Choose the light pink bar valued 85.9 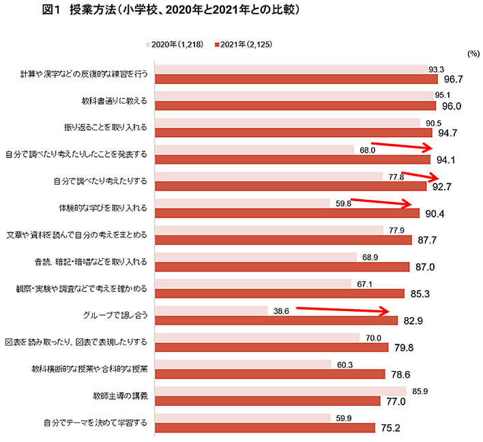pyautogui.click(x=280, y=390)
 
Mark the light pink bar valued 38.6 pyautogui.click(x=211, y=310)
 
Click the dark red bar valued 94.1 pyautogui.click(x=293, y=160)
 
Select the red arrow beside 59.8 pyautogui.click(x=381, y=202)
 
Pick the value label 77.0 pyautogui.click(x=396, y=401)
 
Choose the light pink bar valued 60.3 pyautogui.click(x=243, y=364)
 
